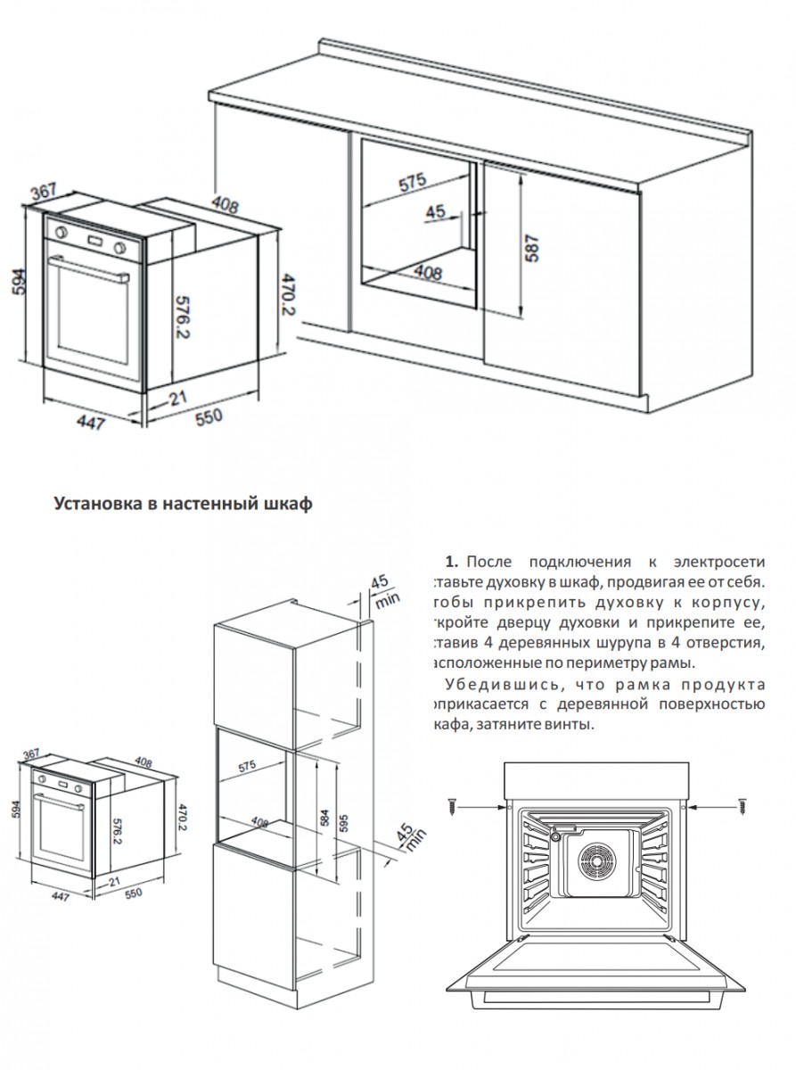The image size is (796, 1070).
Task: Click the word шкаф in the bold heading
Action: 289,505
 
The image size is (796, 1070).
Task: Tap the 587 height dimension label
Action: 532,248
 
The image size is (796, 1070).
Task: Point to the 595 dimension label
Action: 345,818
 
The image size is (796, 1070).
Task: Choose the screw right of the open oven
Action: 742,806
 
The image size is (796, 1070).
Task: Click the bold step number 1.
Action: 450,562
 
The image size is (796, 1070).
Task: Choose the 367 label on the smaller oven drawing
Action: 33,754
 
